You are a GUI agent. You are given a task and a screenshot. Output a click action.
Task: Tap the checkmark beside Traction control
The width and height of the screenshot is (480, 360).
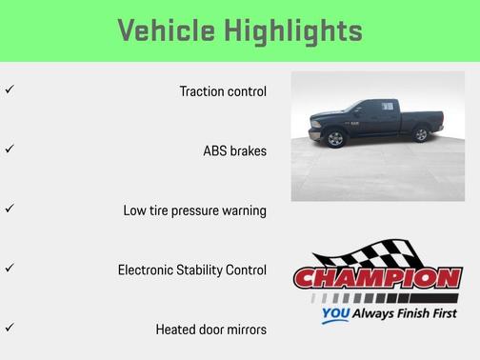coord(9,90)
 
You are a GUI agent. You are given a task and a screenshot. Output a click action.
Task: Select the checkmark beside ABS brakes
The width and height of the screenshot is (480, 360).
coord(9,149)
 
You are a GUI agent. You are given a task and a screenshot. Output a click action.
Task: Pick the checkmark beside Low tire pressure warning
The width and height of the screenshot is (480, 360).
coord(9,208)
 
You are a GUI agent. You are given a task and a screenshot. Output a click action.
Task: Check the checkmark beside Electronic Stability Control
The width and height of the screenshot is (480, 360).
coord(9,268)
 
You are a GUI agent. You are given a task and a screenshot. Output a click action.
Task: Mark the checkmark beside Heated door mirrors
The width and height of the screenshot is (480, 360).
coord(9,327)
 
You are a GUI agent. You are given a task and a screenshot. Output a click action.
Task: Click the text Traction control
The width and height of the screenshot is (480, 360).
coord(223,91)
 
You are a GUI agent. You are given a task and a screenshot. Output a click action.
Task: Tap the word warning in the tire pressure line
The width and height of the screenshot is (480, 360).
coord(241,210)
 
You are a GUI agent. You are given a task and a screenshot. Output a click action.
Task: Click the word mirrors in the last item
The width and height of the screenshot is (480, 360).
coord(245,330)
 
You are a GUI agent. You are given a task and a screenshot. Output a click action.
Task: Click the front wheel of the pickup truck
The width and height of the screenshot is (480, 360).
coord(335,139)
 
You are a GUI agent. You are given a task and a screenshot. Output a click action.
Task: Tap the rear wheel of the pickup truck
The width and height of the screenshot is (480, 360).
coord(421,136)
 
